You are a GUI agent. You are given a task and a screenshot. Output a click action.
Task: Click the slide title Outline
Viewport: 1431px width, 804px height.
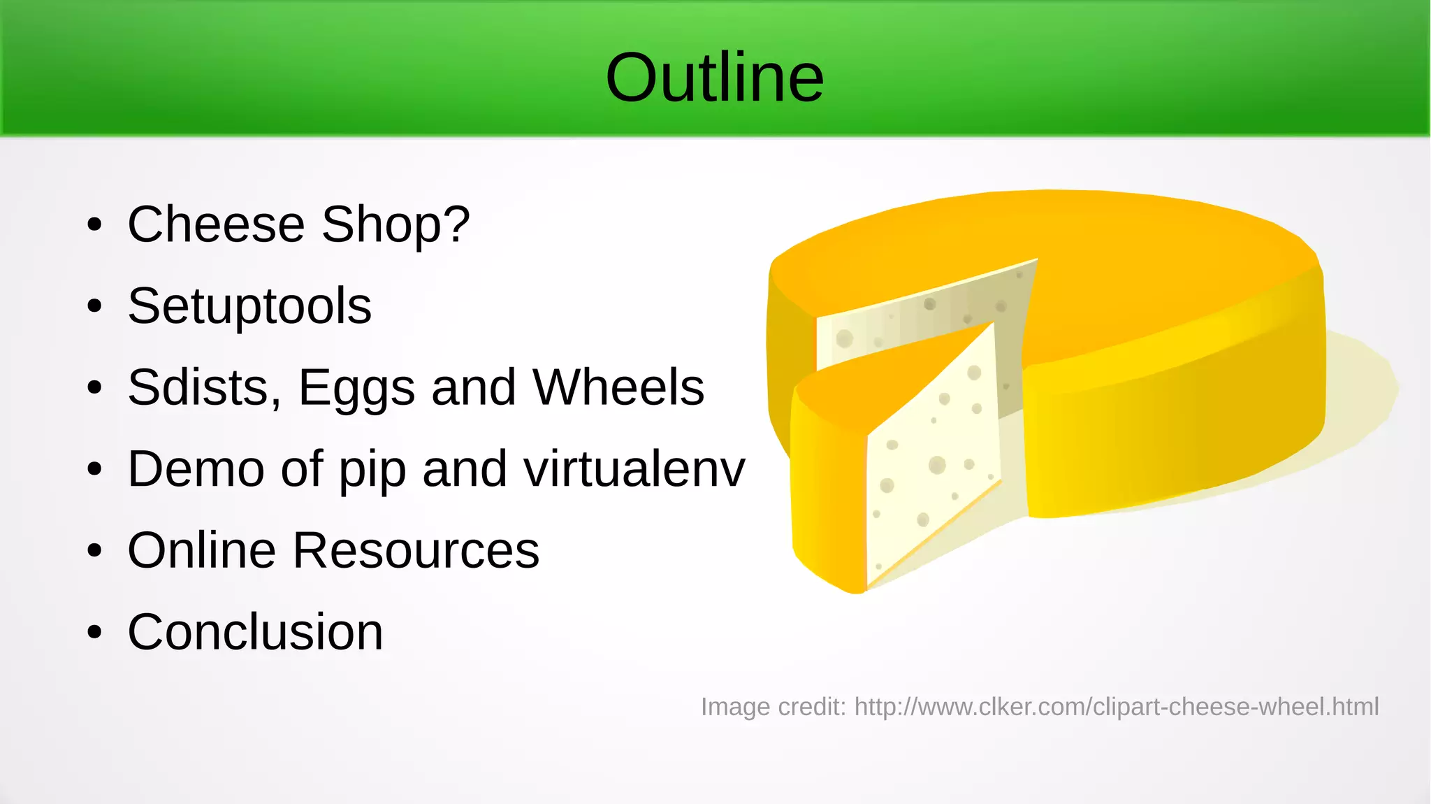714,78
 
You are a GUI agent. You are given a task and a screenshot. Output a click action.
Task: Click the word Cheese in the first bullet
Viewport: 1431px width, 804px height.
216,224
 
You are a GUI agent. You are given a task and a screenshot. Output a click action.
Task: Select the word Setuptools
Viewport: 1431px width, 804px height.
249,306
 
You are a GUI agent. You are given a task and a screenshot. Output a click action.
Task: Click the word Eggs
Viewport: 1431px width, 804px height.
356,389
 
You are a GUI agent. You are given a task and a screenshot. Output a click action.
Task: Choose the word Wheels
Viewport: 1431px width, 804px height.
618,387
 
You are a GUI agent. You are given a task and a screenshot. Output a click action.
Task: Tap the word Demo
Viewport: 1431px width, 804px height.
196,469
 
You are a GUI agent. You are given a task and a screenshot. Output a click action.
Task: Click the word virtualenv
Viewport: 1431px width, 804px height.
634,469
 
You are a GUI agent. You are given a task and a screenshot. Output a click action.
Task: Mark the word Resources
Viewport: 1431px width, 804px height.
416,551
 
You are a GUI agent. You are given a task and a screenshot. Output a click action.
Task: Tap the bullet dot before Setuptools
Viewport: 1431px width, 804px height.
94,306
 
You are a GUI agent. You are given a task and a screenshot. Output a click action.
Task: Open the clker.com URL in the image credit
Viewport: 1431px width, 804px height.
1116,707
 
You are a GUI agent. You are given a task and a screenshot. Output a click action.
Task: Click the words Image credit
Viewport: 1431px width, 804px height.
773,707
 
